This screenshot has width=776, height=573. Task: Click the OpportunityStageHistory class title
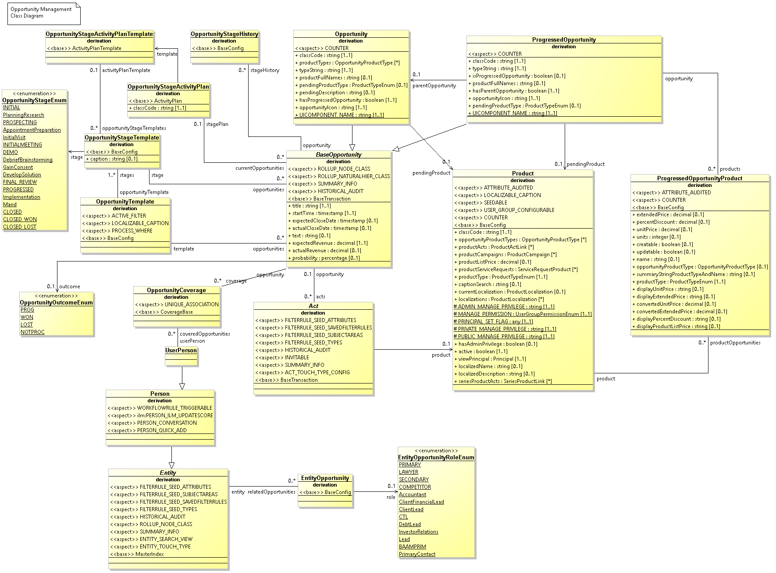224,34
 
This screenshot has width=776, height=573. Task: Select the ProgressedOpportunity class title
564,40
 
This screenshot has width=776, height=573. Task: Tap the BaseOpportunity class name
338,155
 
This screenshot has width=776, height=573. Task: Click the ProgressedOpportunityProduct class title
700,179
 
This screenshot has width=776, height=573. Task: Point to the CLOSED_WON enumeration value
20,219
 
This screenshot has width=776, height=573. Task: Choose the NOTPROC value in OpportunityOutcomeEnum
32,332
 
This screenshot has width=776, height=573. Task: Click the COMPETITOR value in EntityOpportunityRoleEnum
415,487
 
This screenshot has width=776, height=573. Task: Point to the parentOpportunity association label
434,86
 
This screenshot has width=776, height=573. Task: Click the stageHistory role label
264,70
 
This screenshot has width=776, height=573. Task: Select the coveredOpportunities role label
205,334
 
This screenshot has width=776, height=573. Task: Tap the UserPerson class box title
181,351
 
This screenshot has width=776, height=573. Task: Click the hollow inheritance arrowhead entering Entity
171,465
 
